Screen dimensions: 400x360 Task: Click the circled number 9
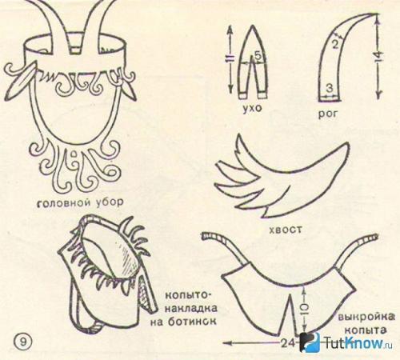click(x=23, y=342)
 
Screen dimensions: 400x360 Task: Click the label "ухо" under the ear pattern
click(x=252, y=108)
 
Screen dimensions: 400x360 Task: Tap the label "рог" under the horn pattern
click(x=328, y=114)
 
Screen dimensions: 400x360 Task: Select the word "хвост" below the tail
click(x=286, y=229)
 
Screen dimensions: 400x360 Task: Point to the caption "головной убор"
click(x=80, y=202)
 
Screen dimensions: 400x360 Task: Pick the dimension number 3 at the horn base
click(x=330, y=88)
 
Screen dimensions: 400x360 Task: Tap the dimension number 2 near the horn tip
click(x=335, y=44)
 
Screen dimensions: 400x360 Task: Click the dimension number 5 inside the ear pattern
click(x=258, y=55)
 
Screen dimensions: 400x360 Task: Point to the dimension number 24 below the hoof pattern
click(x=287, y=342)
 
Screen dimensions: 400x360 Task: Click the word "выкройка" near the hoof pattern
click(x=366, y=318)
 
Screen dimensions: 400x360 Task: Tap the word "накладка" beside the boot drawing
click(x=191, y=309)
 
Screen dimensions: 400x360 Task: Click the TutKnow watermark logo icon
click(x=310, y=342)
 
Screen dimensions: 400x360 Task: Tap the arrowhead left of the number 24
click(x=228, y=342)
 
